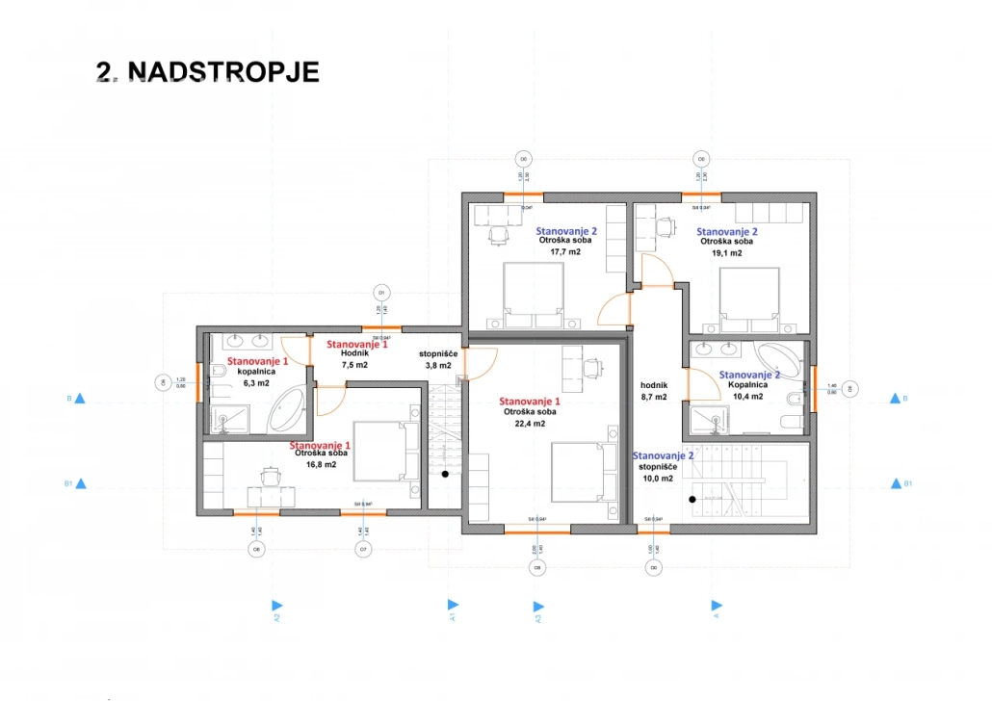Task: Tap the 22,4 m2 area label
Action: [524, 424]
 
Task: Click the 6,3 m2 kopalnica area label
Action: [257, 382]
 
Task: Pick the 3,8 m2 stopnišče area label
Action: [439, 366]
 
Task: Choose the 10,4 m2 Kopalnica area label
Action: [746, 396]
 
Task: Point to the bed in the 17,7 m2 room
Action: [532, 294]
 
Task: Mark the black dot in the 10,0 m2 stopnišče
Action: [692, 499]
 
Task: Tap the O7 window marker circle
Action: [363, 550]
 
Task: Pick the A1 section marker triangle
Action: [452, 606]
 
